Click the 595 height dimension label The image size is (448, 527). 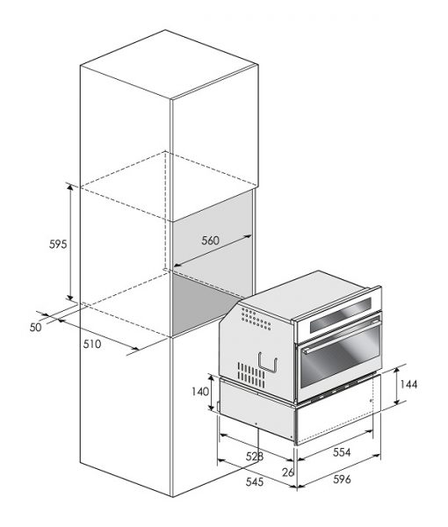click(x=58, y=244)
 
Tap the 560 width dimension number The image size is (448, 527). click(x=211, y=241)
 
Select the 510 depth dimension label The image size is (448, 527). click(x=92, y=343)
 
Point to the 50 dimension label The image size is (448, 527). click(x=36, y=327)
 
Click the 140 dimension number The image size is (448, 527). click(x=200, y=392)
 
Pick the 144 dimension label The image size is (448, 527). click(x=408, y=384)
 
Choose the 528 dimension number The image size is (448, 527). click(x=255, y=457)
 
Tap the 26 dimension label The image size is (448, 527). click(x=288, y=473)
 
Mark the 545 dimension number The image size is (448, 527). click(x=255, y=482)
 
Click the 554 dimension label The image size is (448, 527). click(x=342, y=452)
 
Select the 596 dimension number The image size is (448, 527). click(x=342, y=479)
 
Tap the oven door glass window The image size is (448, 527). click(x=339, y=358)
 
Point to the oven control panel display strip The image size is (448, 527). click(x=341, y=314)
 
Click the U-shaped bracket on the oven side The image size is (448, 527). click(x=268, y=364)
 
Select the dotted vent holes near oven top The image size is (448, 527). click(x=256, y=318)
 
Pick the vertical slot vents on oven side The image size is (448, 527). click(x=251, y=374)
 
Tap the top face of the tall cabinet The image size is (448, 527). click(x=170, y=64)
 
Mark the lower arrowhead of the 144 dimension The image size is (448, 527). click(x=397, y=401)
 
